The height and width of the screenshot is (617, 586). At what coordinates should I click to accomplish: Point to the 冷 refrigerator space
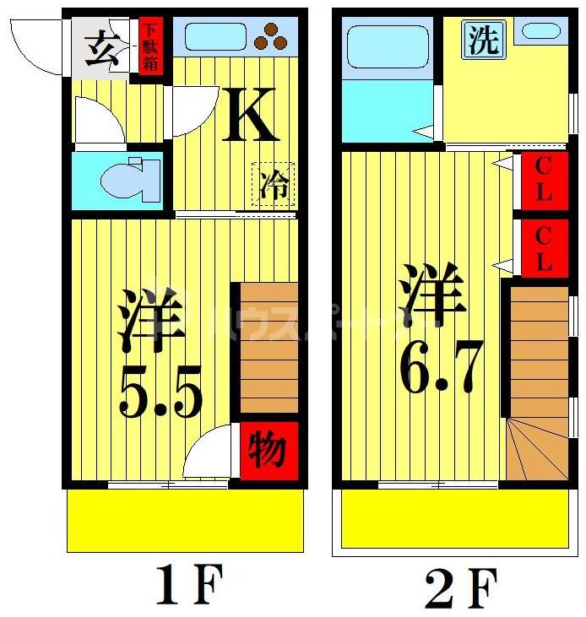[x=274, y=184]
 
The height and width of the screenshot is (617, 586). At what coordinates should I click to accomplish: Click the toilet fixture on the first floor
[x=130, y=178]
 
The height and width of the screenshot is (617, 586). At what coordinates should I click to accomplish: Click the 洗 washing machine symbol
[x=484, y=41]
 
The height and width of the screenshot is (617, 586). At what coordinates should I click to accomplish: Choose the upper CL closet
[x=543, y=178]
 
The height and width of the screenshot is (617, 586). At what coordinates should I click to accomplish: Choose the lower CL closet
[x=543, y=247]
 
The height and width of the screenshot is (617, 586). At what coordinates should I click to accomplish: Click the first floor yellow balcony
[x=185, y=520]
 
